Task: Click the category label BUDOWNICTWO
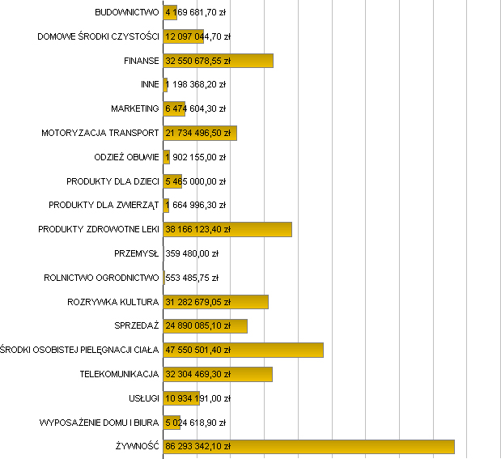[126, 13]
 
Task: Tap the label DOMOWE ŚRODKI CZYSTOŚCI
[98, 36]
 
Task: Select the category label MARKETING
[135, 108]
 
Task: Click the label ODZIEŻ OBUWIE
[127, 157]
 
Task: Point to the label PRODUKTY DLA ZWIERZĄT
[104, 205]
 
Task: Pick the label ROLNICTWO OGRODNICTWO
[101, 278]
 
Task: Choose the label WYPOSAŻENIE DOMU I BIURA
[99, 423]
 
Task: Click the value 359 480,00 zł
[192, 253]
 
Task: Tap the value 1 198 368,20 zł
[195, 84]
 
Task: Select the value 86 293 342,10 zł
[198, 446]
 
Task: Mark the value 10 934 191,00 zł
[198, 398]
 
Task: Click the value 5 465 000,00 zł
[195, 181]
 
